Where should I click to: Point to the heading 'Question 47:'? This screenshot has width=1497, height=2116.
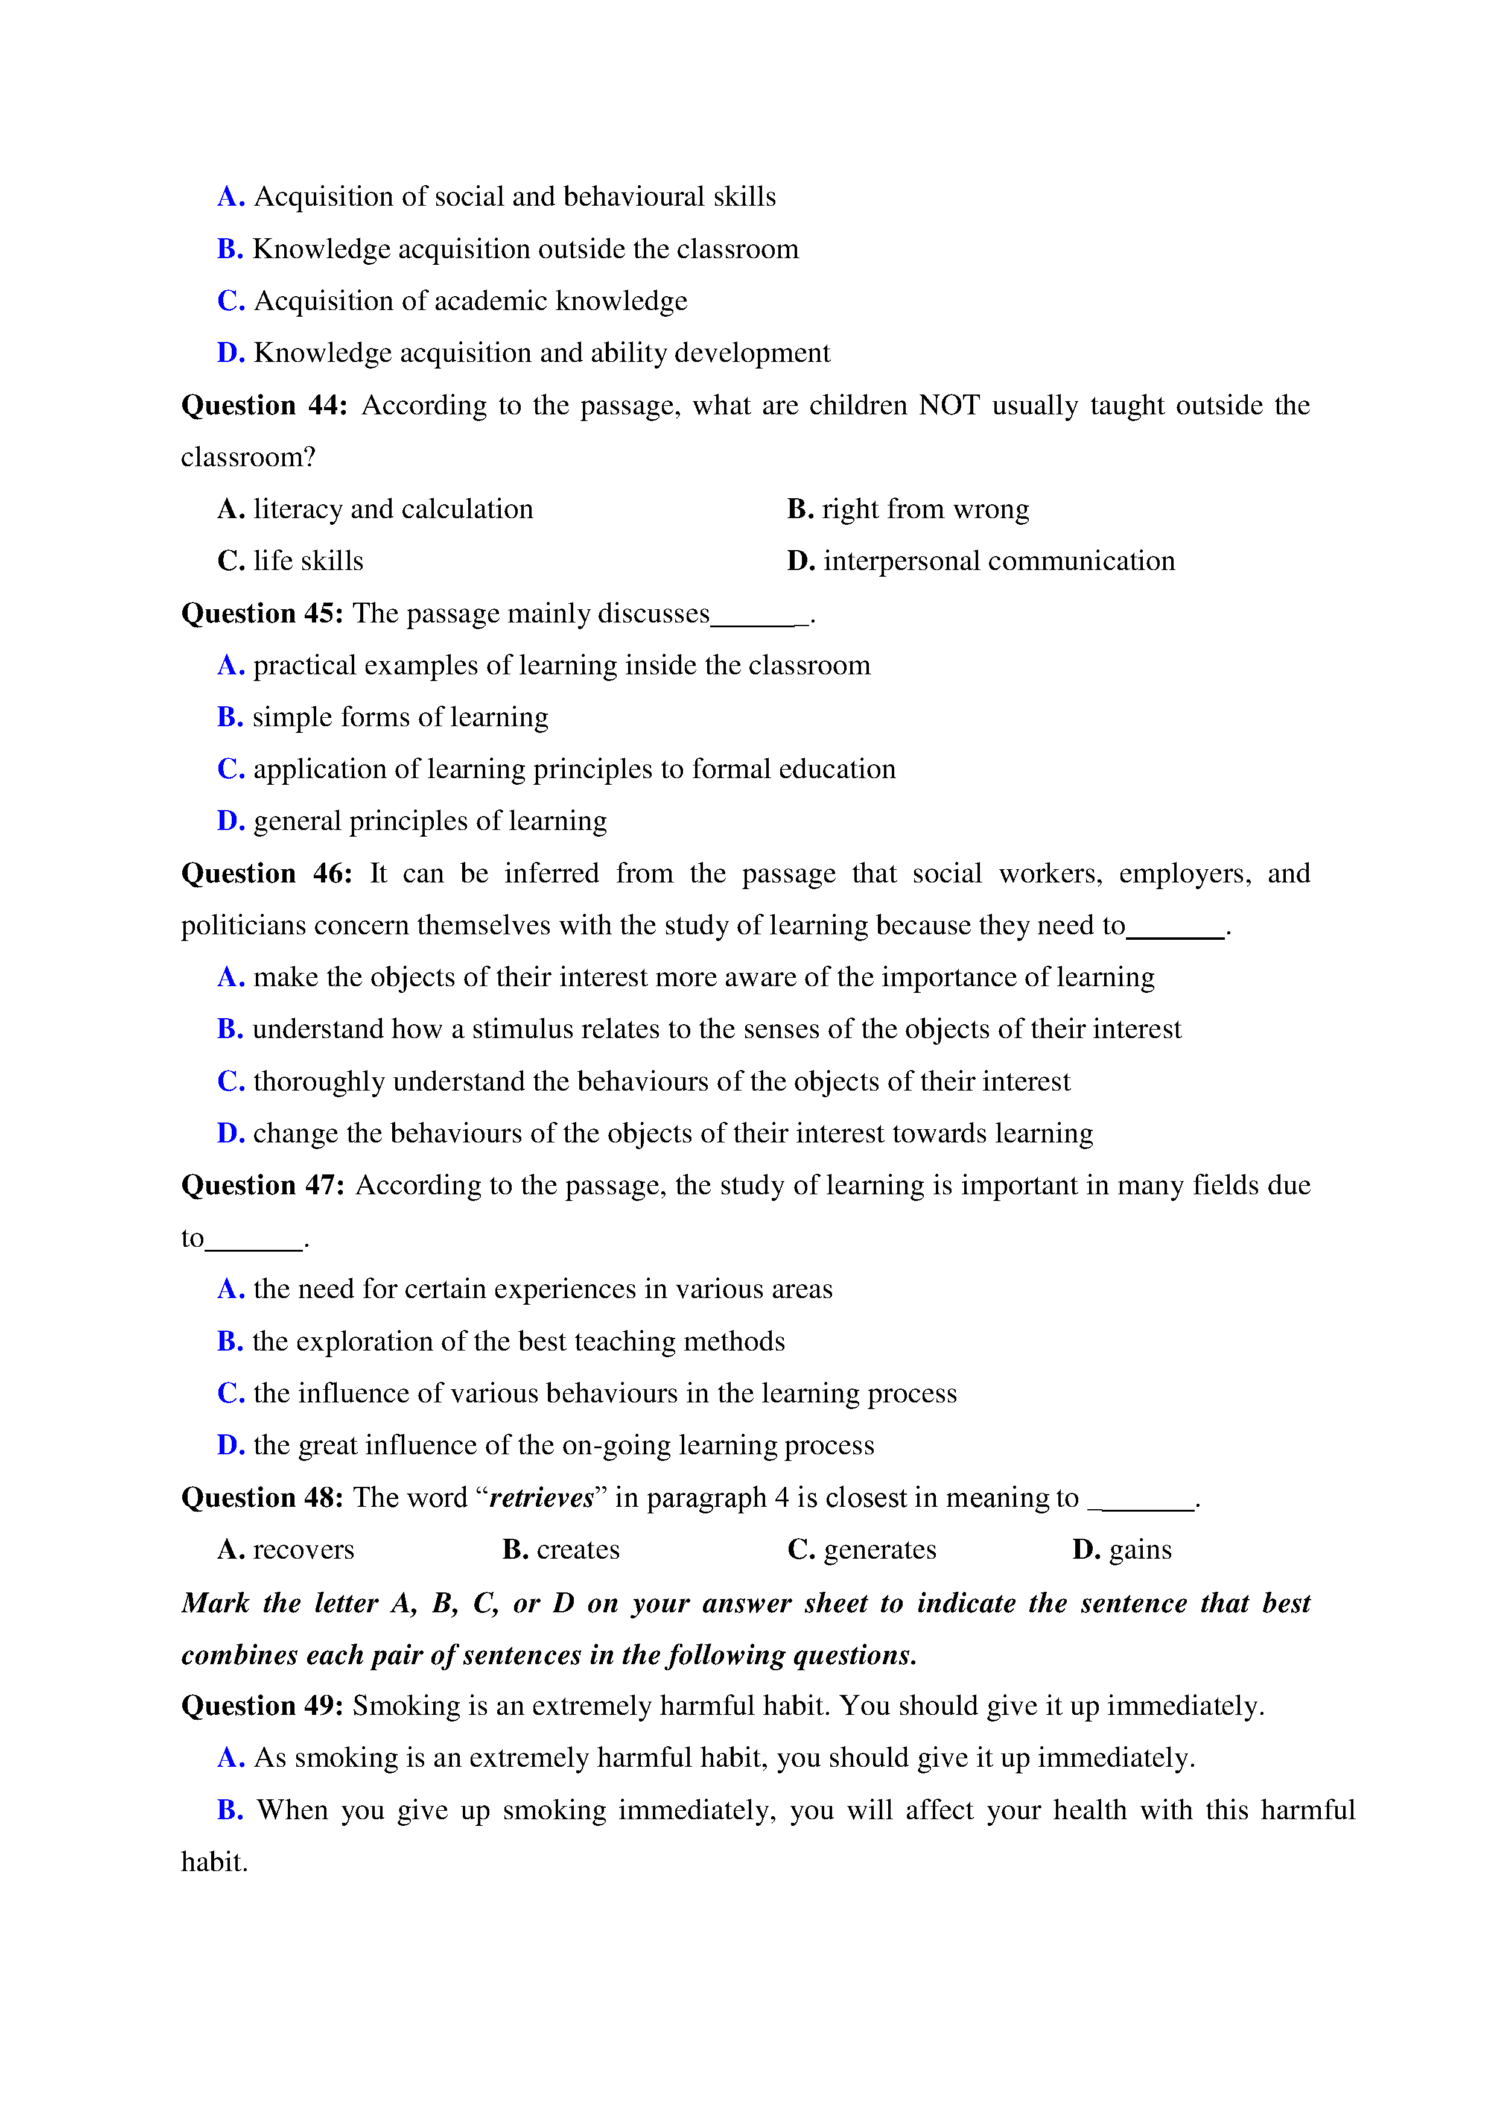pos(262,1185)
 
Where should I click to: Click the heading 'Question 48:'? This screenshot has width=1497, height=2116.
pos(262,1498)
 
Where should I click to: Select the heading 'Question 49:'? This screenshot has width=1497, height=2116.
pos(262,1706)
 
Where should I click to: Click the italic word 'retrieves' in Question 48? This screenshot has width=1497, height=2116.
pos(541,1498)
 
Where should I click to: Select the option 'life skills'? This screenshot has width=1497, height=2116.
pos(308,561)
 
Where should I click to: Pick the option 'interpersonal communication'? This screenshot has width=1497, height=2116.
pos(999,561)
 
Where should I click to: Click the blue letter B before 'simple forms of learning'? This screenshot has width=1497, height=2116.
pos(229,717)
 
